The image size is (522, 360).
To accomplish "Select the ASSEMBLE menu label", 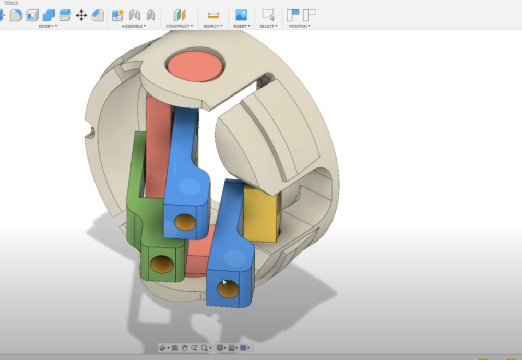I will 133,26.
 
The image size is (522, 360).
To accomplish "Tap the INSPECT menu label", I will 212,26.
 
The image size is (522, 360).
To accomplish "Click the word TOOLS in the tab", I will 10,3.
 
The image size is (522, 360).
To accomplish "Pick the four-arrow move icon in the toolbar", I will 81,15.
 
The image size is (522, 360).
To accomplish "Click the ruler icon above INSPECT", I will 213,15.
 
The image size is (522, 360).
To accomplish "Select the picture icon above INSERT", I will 241,15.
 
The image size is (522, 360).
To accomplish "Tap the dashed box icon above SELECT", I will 268,15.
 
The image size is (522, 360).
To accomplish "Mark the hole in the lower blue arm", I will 228,289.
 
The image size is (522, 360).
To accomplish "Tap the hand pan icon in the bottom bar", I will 184,348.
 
